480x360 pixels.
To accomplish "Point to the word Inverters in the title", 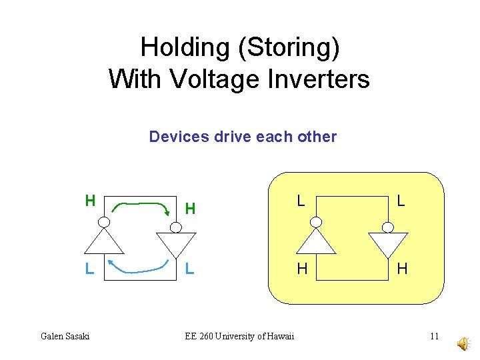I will [x=318, y=79].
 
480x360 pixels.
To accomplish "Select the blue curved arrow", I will [x=139, y=268].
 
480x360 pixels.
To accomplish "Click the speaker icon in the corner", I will [x=462, y=343].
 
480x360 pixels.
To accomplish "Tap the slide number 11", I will [x=434, y=336].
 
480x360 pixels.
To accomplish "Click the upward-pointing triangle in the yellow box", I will [x=317, y=241].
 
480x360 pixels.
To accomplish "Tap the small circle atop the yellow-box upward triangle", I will [x=317, y=222].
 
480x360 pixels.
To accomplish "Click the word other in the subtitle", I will [x=317, y=137].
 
